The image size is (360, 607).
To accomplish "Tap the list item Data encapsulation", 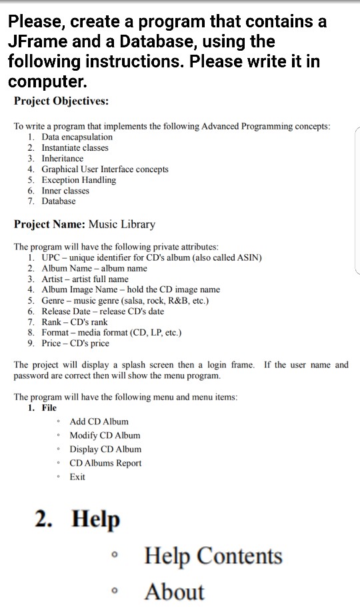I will click(77, 137).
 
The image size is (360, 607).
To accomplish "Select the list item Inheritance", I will click(62, 158).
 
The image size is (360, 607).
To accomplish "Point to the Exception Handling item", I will click(79, 179).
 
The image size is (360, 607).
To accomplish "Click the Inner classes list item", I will click(65, 190).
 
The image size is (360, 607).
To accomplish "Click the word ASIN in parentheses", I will click(247, 257).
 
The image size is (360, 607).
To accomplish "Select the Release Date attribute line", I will click(103, 311).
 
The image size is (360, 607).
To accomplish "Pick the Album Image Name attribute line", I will click(131, 289).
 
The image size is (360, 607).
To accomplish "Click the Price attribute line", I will click(75, 343).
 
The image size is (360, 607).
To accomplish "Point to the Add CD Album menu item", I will click(99, 422).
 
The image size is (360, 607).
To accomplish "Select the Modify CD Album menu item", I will click(105, 436).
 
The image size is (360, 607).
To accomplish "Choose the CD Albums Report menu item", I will click(105, 463).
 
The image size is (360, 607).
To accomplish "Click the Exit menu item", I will click(77, 477).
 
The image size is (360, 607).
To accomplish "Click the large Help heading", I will click(95, 518).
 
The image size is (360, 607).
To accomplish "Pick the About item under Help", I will click(174, 592).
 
